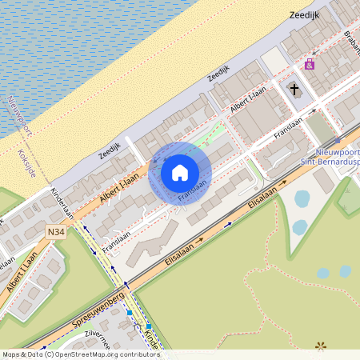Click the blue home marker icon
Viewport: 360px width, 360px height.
(180, 173)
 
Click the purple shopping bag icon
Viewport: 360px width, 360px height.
(310, 63)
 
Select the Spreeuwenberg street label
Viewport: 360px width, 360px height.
(98, 307)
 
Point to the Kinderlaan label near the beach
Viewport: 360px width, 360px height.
(62, 203)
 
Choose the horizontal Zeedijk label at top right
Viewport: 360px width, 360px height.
(304, 14)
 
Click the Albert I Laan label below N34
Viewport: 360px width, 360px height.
(20, 274)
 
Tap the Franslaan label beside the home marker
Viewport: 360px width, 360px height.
(193, 190)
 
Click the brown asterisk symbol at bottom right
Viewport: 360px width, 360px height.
(321, 346)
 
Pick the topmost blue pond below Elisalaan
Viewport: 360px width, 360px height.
(302, 198)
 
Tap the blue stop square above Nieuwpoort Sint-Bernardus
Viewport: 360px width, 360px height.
(337, 141)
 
